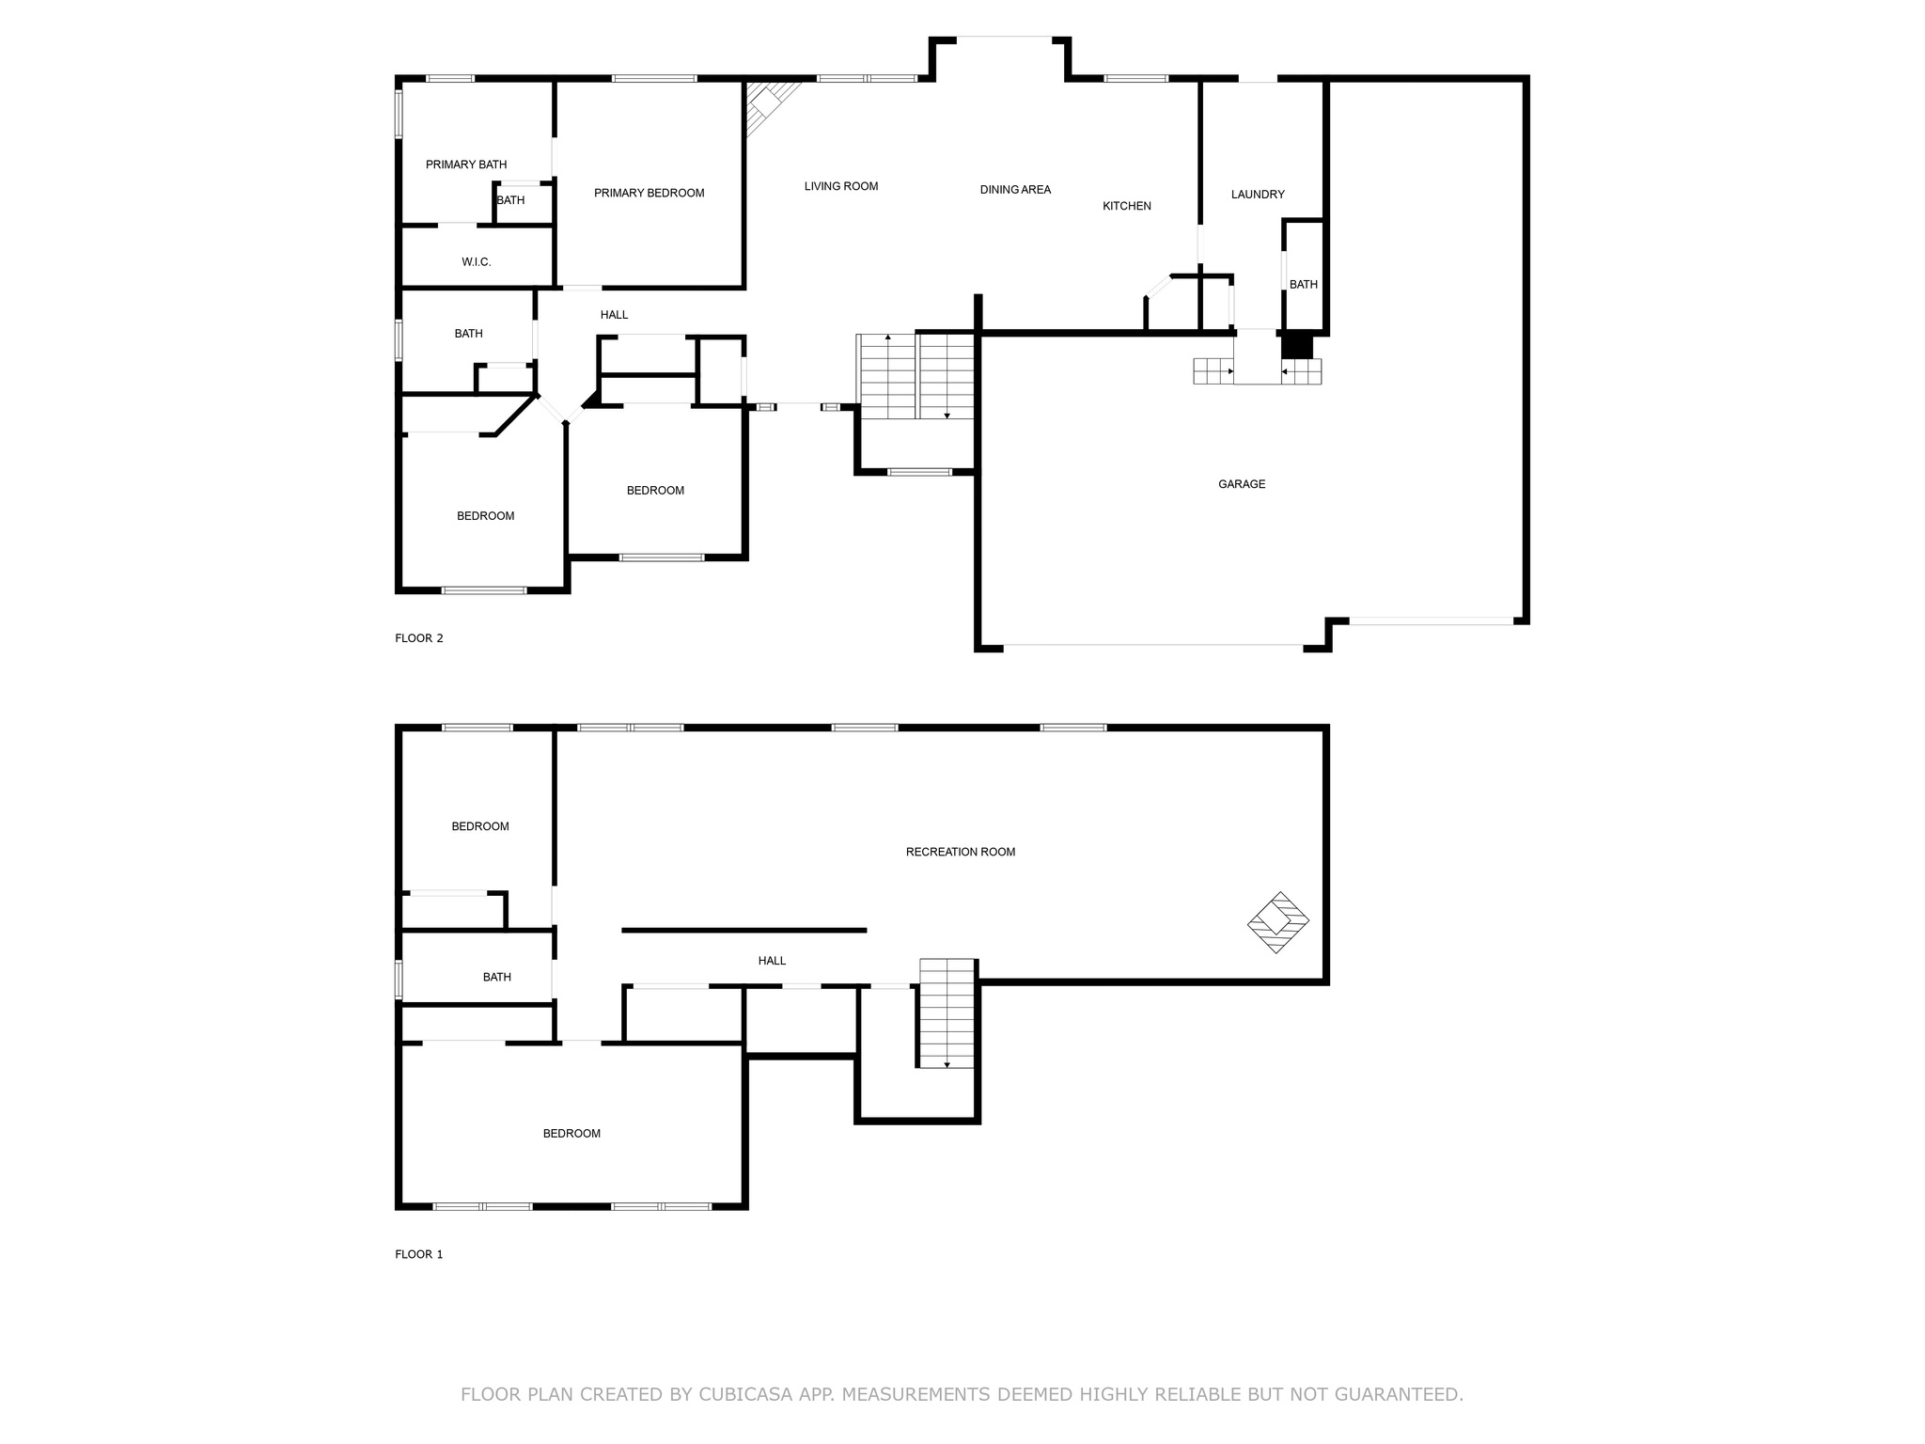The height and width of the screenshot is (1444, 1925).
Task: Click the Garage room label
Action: tap(1242, 484)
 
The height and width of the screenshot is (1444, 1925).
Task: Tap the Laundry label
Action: tap(1258, 195)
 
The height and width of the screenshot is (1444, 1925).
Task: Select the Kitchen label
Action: tap(1127, 206)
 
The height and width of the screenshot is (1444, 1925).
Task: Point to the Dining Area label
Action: tap(1015, 190)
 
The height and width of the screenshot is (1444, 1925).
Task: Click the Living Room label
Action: tap(841, 186)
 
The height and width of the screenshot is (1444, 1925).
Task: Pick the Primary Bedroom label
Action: tap(649, 193)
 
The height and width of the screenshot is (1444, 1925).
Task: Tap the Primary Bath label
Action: tap(466, 165)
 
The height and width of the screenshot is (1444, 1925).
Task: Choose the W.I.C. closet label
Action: tap(477, 262)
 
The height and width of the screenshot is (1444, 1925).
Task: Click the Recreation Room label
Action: tap(961, 852)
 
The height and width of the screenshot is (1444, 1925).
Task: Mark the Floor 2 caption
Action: tap(419, 638)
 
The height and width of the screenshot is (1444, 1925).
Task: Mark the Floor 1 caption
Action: tap(419, 1254)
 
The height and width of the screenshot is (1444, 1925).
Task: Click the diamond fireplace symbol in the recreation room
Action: tap(1277, 922)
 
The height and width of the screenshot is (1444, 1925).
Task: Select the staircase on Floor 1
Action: tap(947, 1013)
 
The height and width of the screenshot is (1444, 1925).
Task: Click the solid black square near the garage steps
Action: tap(1297, 346)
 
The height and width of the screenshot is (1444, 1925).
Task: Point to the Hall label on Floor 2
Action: tap(615, 315)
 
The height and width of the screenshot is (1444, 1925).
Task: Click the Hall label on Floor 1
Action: tap(772, 961)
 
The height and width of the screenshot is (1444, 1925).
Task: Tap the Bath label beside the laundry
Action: tap(1304, 285)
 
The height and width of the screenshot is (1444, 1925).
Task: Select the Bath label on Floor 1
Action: tap(497, 978)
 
